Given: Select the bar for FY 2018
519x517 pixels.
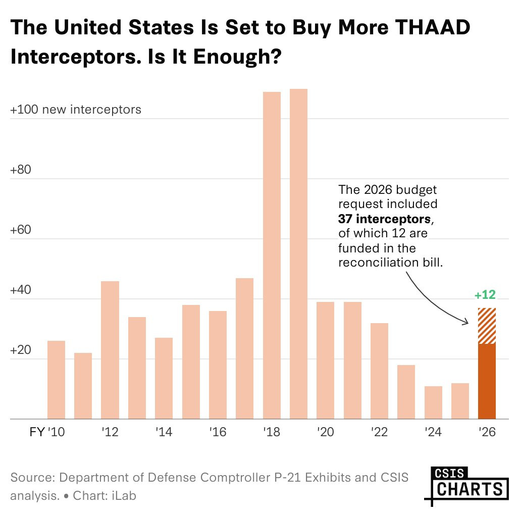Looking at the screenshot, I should pyautogui.click(x=272, y=255).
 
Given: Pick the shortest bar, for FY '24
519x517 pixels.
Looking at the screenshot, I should pyautogui.click(x=433, y=402).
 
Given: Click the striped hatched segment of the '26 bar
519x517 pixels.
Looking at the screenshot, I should pyautogui.click(x=487, y=326).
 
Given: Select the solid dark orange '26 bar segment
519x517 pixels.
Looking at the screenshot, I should pyautogui.click(x=487, y=381).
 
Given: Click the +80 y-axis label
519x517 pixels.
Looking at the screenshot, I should pyautogui.click(x=21, y=170).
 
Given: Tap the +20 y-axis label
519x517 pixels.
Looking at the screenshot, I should pyautogui.click(x=21, y=350).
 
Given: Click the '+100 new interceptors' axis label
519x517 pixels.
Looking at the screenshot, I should pyautogui.click(x=76, y=109).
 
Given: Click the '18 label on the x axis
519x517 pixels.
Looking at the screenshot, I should pyautogui.click(x=272, y=433).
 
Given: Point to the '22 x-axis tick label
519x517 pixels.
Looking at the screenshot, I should pyautogui.click(x=379, y=433).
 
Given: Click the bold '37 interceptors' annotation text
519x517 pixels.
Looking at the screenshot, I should pyautogui.click(x=385, y=219).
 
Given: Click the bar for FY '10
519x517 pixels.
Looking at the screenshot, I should pyautogui.click(x=56, y=380).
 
